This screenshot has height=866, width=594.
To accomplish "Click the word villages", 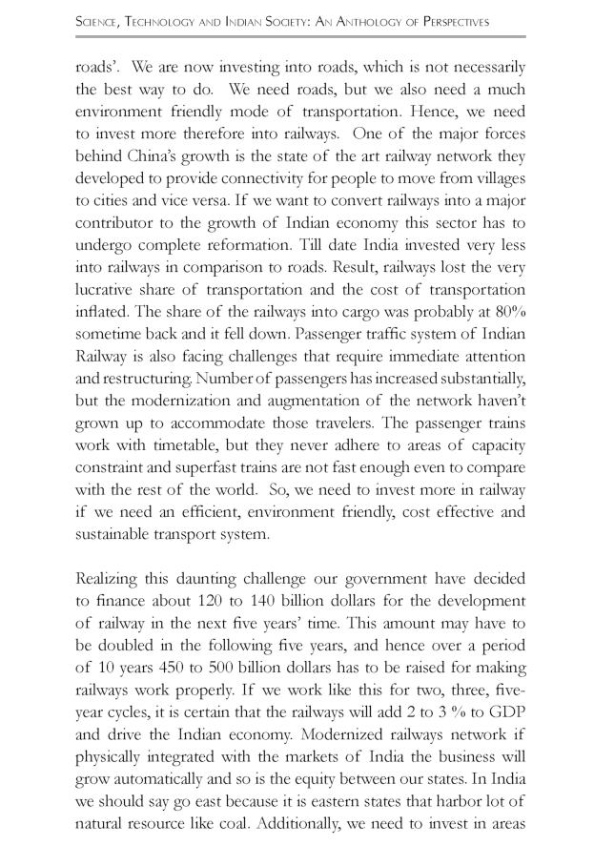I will pyautogui.click(x=493, y=202).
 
